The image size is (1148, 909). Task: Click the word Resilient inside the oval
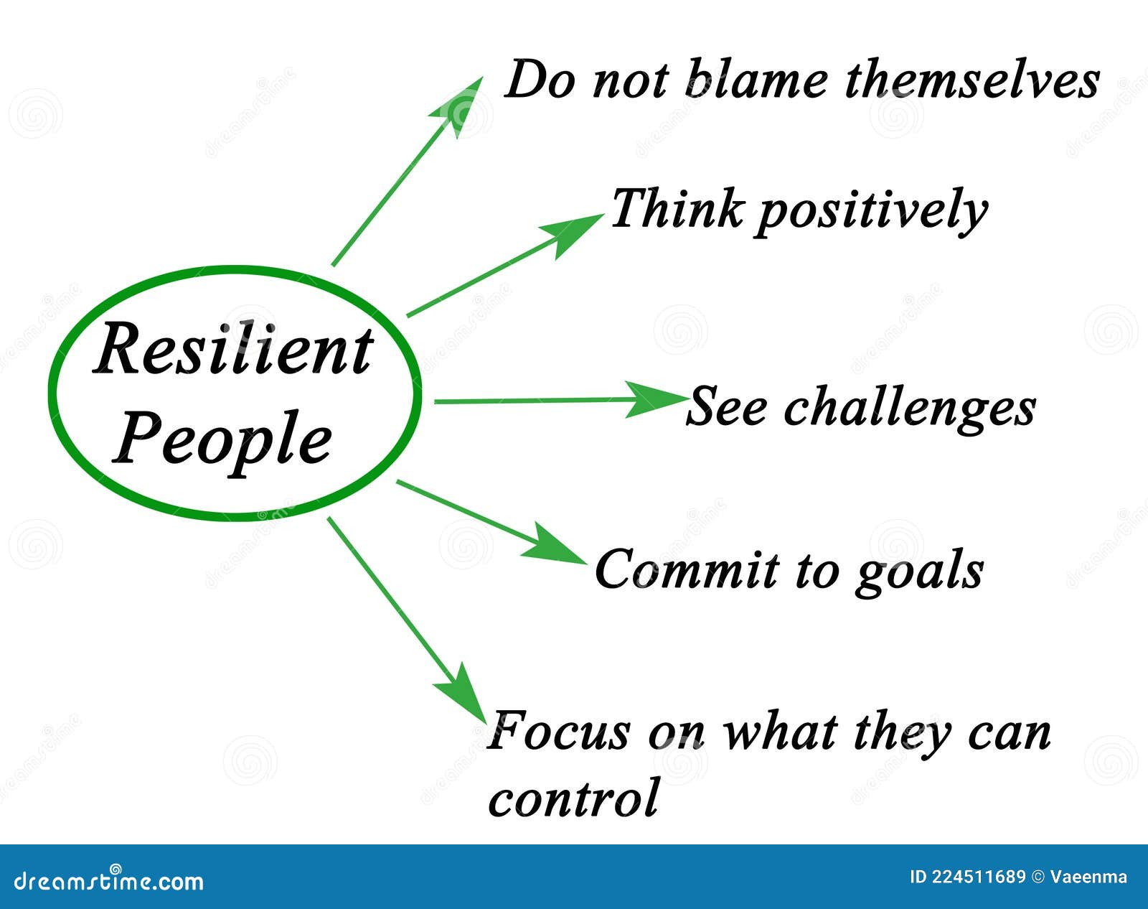(x=234, y=350)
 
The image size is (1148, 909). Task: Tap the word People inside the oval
(x=222, y=442)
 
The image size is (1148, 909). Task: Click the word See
(x=727, y=406)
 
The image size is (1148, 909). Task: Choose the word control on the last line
(x=573, y=798)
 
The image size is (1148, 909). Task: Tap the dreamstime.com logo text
(x=108, y=881)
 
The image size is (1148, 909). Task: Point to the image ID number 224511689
(x=979, y=877)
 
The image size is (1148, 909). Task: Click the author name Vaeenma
(x=1088, y=877)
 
